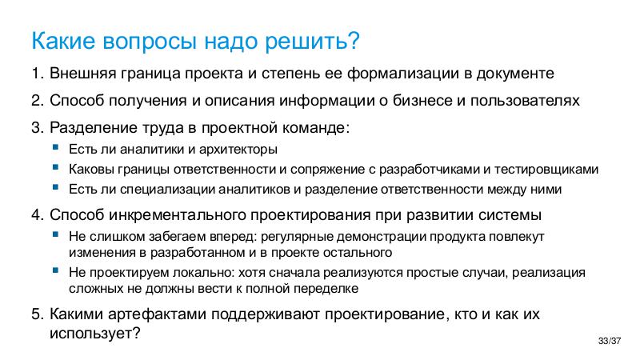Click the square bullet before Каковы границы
[x=54, y=168]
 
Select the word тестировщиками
[x=546, y=169]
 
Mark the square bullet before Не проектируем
[x=54, y=272]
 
